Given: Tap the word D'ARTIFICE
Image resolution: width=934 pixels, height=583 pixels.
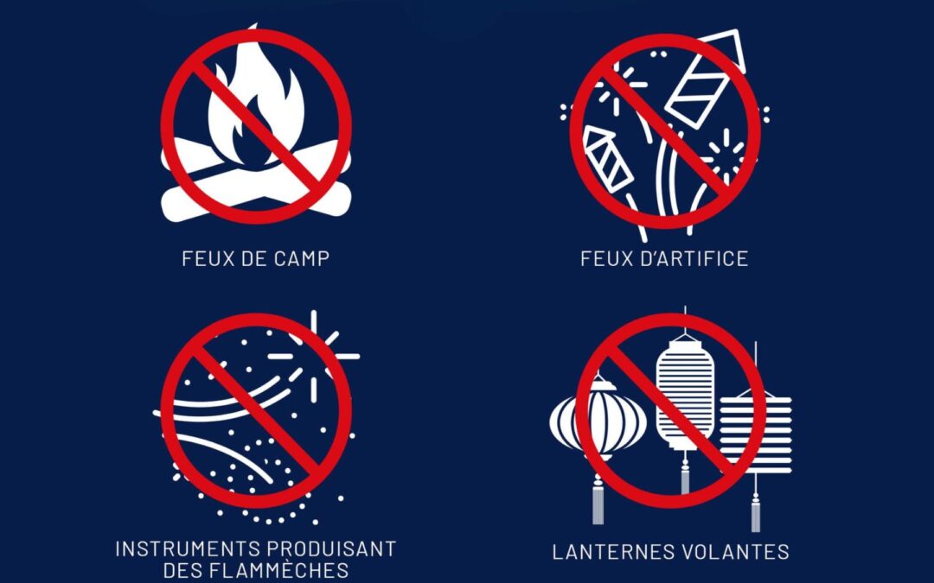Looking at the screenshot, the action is coord(694,259).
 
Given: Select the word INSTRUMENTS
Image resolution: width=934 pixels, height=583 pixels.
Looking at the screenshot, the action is coord(188,548).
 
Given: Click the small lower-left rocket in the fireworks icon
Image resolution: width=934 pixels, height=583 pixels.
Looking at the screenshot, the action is coord(608,158).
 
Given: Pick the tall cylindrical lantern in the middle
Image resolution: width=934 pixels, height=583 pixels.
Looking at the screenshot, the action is coord(685,394).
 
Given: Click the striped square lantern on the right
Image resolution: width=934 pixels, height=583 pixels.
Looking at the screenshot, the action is coord(755,434).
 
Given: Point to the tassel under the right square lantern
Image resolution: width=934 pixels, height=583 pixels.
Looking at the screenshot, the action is coord(755,510).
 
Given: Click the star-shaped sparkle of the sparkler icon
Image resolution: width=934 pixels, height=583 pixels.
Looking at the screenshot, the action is coord(314,357).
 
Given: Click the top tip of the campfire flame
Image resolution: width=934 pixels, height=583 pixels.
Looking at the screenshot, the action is coord(254,26).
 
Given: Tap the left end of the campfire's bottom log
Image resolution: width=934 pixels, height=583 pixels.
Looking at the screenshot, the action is coord(170,206).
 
